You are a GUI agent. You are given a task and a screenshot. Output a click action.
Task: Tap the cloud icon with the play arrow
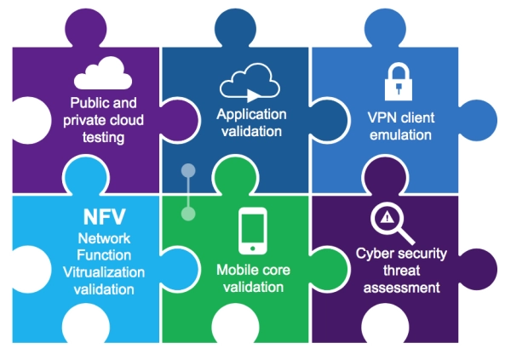[250, 83]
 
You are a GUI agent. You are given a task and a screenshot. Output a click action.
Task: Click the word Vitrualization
[105, 272]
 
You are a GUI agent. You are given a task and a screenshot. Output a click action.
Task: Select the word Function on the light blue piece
[105, 255]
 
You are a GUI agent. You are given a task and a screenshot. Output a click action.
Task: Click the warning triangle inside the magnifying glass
[387, 218]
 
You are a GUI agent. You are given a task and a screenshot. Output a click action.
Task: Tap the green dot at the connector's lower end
[188, 213]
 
